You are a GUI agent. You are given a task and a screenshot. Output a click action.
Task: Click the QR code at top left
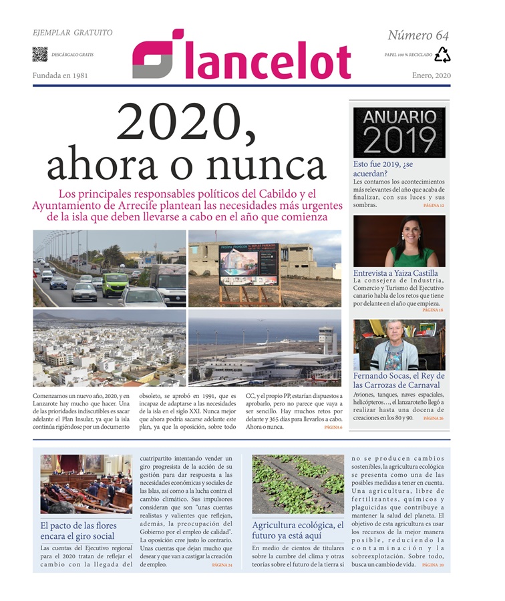point(39,54)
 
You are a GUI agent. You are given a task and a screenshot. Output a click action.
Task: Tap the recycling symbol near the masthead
point(442,55)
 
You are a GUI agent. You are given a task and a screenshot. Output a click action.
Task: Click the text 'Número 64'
point(418,35)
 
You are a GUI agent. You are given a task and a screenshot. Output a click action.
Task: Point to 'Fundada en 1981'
point(63,76)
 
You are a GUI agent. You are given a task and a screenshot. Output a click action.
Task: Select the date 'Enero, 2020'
point(431,76)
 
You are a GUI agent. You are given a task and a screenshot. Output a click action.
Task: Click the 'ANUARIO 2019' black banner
point(399,132)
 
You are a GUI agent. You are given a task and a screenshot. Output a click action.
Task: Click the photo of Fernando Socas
point(399,346)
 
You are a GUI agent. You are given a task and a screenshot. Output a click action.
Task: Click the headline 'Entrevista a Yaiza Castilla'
point(395,273)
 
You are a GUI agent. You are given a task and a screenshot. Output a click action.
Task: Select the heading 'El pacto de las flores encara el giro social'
point(78,531)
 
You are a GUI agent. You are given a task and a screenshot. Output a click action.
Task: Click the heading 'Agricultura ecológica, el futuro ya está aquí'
point(297,531)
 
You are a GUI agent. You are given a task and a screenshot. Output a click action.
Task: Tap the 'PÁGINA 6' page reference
point(333,427)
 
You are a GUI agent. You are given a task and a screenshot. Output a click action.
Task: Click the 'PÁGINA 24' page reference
point(222,565)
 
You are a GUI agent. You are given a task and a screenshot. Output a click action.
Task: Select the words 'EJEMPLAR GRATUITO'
point(72,33)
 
